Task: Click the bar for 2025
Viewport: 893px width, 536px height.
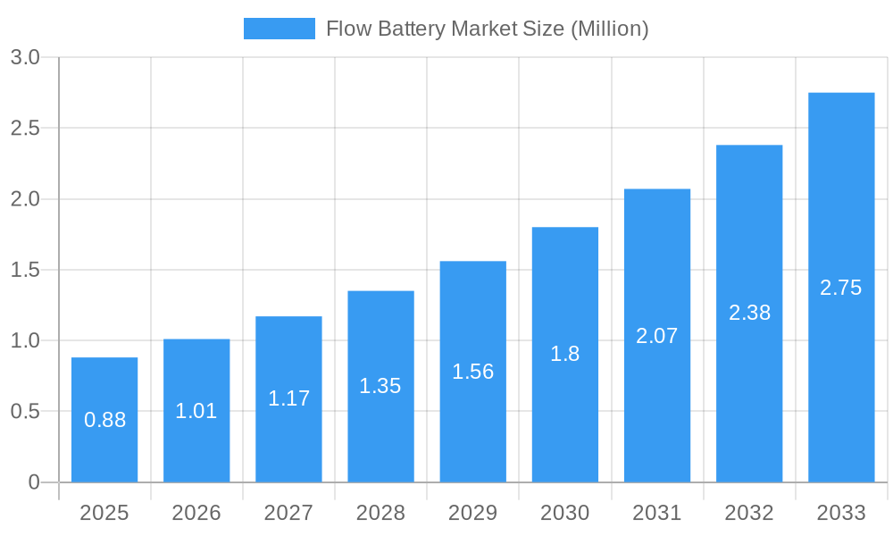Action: pos(104,420)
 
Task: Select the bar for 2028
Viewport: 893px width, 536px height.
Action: pos(380,386)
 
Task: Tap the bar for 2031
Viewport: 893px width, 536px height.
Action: pos(657,335)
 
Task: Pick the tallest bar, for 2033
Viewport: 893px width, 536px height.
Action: pos(841,287)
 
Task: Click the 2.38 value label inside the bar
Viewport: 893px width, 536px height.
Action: pos(749,313)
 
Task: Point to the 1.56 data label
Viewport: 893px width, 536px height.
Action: pos(472,372)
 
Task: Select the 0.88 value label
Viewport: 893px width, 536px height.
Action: pos(104,420)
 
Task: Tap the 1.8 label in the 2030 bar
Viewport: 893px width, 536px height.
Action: pos(564,354)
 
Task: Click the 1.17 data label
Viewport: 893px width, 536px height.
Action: pos(288,398)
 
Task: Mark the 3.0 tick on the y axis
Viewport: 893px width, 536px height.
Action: pos(25,58)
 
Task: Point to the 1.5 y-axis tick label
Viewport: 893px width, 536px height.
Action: pos(25,270)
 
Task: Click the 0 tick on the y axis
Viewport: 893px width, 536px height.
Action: pos(34,482)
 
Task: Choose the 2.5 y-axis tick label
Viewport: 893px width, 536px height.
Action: pos(25,129)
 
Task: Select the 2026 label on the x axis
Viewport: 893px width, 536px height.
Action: pos(196,513)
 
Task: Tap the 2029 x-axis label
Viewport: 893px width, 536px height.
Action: pos(472,513)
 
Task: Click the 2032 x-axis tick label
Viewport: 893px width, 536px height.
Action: pos(749,513)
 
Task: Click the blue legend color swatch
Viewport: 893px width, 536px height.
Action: pos(280,29)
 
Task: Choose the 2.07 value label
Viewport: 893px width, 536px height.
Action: pos(657,336)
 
